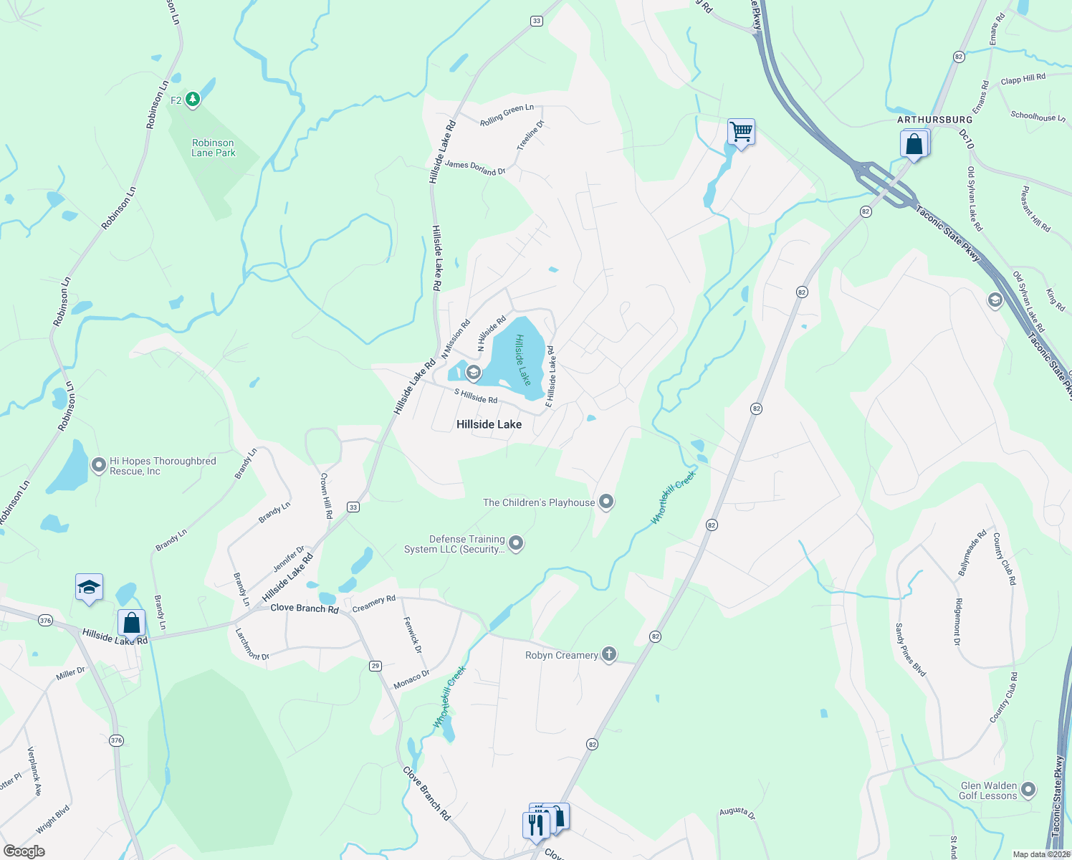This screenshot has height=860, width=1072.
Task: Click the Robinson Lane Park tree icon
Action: (192, 99)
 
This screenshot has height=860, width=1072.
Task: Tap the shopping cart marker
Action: (741, 132)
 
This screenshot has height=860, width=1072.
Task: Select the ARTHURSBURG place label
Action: (934, 120)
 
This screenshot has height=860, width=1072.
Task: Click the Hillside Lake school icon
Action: (473, 373)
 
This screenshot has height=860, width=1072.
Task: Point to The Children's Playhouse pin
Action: (606, 502)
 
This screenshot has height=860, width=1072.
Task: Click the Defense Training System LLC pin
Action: (515, 544)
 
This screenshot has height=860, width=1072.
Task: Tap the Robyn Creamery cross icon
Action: (609, 654)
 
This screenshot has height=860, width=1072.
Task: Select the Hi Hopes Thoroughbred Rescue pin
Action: (99, 466)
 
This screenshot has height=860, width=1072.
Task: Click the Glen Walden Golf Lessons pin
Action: (1028, 790)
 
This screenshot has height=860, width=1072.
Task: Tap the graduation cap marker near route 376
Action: (89, 588)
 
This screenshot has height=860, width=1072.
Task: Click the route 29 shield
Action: (375, 666)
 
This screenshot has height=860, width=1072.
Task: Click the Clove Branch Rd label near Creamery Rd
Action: (304, 608)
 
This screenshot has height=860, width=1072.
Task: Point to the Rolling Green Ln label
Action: (507, 115)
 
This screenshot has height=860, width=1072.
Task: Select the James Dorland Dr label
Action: (475, 168)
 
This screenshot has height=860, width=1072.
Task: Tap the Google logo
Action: (24, 851)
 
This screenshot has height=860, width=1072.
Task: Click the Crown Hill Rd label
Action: (327, 495)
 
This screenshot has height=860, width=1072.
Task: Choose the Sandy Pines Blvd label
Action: (910, 649)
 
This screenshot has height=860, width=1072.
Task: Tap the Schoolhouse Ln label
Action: (1038, 116)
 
